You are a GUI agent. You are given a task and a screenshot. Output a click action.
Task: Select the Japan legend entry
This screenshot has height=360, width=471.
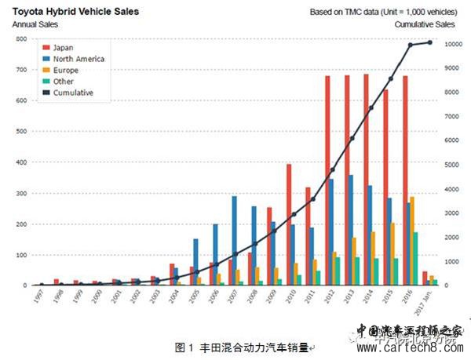pos(65,47)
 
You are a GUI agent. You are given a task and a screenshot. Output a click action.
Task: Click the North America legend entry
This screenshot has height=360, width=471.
pos(79,59)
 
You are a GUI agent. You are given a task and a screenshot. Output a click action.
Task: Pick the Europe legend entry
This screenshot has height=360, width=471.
pos(68,70)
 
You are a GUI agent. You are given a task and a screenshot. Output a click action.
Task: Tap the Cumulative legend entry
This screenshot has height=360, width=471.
pos(75,93)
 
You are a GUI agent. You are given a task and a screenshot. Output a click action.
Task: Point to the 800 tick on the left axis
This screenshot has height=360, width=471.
pos(21,38)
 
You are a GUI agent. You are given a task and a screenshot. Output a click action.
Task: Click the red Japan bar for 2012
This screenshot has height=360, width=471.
pos(327,180)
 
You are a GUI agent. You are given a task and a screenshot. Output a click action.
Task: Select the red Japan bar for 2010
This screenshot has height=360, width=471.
pos(289,224)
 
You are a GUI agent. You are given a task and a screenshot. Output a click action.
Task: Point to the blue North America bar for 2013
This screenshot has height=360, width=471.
pos(351,230)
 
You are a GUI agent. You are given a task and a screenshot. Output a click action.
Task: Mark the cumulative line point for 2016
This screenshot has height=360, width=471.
pos(410,45)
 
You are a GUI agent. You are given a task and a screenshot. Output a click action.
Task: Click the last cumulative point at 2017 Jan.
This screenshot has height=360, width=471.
pos(429,42)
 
